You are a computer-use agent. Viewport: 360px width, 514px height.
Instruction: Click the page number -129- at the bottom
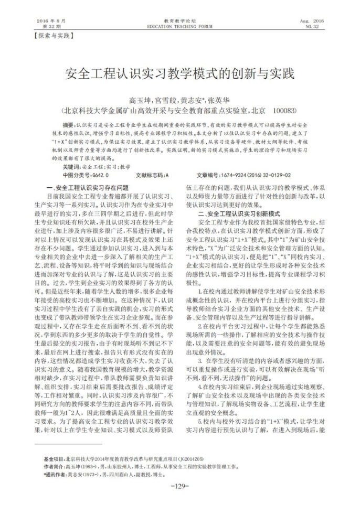point(180,486)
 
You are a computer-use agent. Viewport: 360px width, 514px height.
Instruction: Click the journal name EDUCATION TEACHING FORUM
point(180,26)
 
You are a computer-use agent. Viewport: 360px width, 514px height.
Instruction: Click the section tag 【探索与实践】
point(52,36)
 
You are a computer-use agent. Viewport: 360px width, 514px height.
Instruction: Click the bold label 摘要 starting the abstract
point(68,126)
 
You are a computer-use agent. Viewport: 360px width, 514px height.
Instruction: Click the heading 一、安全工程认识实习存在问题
point(88,187)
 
